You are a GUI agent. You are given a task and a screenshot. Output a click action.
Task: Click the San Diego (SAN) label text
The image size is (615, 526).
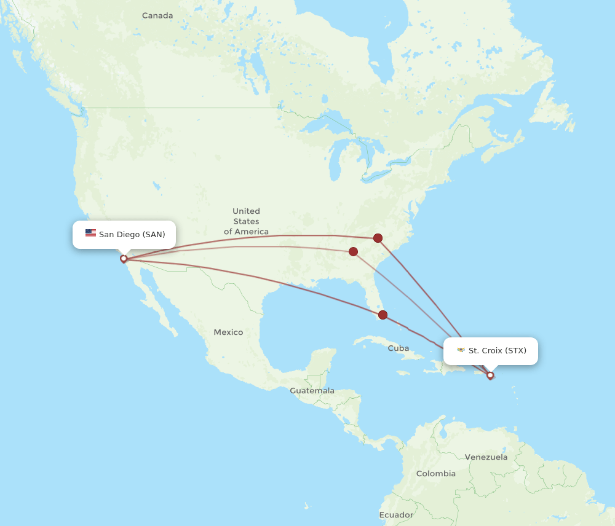pyautogui.click(x=132, y=234)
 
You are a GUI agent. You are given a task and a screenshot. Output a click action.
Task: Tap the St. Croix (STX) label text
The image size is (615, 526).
pyautogui.click(x=497, y=351)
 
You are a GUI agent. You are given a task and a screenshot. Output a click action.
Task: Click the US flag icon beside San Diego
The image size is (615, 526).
pyautogui.click(x=90, y=234)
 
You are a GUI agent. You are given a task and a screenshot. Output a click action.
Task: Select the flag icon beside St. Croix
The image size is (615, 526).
pyautogui.click(x=461, y=350)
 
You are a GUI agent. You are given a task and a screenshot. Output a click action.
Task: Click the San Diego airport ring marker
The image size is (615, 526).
pyautogui.click(x=124, y=259)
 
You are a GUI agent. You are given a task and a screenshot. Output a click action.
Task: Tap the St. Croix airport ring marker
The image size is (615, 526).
pyautogui.click(x=490, y=375)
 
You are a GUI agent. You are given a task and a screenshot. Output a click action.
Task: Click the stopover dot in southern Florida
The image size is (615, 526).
pyautogui.click(x=383, y=315)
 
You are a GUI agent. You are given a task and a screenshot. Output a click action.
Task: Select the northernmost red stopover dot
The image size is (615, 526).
pyautogui.click(x=378, y=238)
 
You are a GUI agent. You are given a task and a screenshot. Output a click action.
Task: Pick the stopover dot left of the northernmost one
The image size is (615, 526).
pyautogui.click(x=353, y=251)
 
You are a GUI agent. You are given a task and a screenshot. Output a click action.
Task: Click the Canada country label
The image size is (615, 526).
pyautogui.click(x=157, y=15)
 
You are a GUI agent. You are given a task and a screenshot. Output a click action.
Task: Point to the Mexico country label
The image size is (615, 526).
pyautogui.click(x=228, y=332)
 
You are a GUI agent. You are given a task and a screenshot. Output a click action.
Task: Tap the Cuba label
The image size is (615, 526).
pyautogui.click(x=398, y=348)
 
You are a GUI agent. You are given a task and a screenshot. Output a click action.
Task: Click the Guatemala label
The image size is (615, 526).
pyautogui.click(x=312, y=391)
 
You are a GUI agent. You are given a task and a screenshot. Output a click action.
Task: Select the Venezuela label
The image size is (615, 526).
pyautogui.click(x=486, y=457)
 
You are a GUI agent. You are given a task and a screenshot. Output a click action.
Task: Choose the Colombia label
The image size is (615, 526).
pyautogui.click(x=436, y=474)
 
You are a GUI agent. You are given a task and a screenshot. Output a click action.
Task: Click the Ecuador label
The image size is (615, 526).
pyautogui.click(x=396, y=515)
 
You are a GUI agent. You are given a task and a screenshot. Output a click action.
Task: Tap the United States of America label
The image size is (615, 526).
pyautogui.click(x=246, y=221)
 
